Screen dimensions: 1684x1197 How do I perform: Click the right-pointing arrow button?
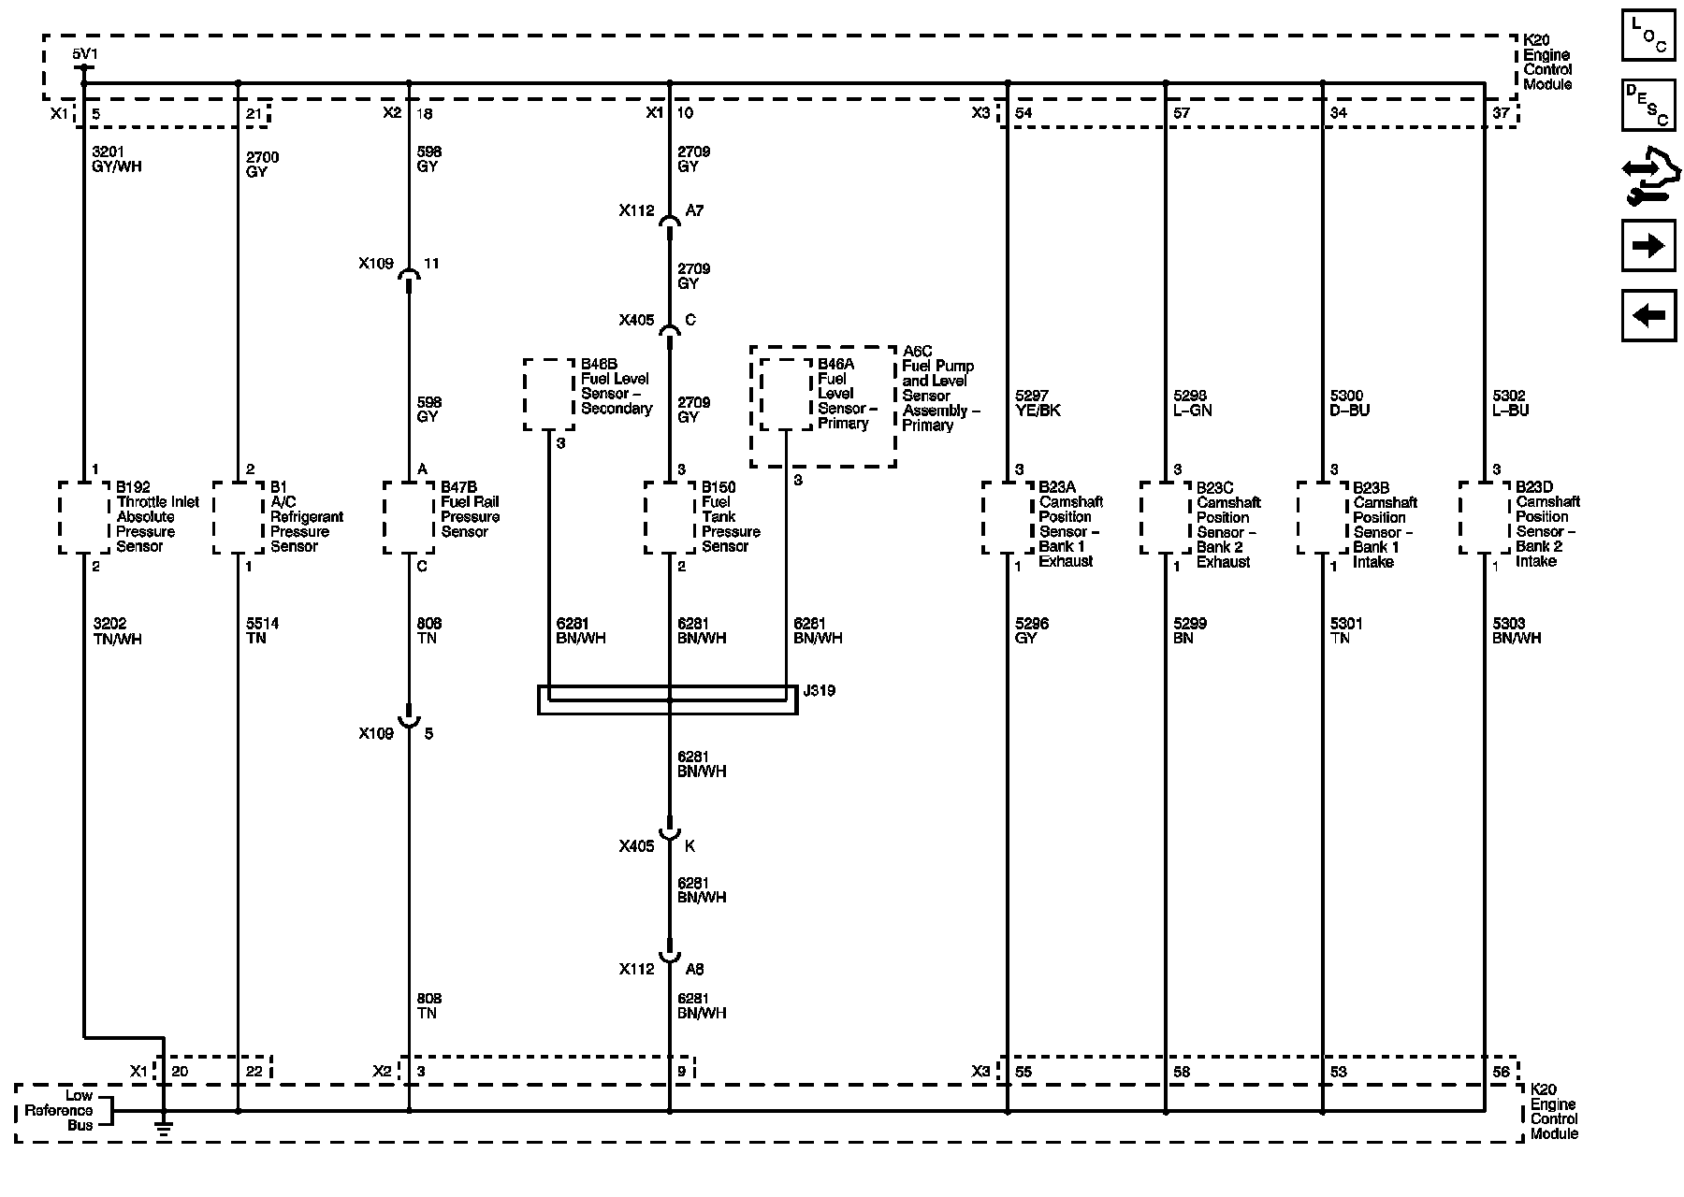click(x=1648, y=246)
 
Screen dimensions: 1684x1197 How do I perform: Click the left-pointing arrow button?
click(x=1648, y=315)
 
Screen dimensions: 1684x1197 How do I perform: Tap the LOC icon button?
click(x=1648, y=36)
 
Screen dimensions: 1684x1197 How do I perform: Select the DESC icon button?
click(x=1648, y=105)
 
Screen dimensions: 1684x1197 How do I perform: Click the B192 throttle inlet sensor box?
click(x=84, y=517)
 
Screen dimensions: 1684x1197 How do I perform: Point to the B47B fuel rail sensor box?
click(x=409, y=517)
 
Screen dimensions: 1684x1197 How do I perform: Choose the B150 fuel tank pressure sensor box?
click(x=670, y=517)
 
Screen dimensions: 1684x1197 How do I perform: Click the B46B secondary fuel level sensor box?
click(x=549, y=394)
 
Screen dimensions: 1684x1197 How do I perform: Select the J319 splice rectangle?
click(x=667, y=699)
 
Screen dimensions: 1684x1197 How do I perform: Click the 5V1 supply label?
click(x=84, y=54)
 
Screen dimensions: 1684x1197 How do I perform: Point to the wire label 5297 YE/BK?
click(x=1038, y=403)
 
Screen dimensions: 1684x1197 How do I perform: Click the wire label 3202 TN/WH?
click(x=117, y=631)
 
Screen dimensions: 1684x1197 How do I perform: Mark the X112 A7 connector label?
click(x=661, y=211)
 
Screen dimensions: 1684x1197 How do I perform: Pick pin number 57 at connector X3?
click(x=1182, y=113)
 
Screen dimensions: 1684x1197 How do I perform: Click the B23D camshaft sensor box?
click(x=1485, y=517)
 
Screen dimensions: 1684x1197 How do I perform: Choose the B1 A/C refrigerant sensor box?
click(x=239, y=517)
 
